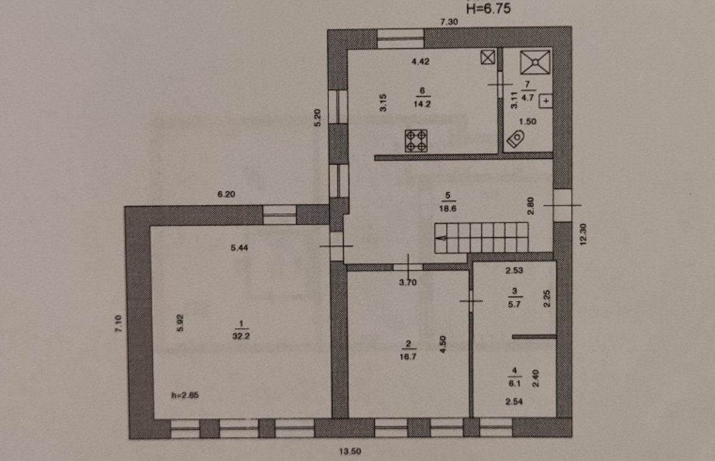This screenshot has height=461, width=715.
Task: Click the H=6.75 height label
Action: coord(488,8)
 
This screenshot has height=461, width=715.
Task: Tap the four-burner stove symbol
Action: coord(416,141)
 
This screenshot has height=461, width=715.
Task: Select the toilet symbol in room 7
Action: coord(516,138)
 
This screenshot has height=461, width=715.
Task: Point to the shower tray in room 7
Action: coord(535,62)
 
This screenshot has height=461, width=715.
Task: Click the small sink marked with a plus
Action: coord(546,101)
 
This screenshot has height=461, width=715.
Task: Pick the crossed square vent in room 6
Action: coord(488,57)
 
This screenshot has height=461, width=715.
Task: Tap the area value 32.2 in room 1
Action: coord(241,336)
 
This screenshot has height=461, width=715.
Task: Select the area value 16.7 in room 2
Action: coord(408,357)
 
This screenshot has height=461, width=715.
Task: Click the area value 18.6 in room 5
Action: coord(448,209)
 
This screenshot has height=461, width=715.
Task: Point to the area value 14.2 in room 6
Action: coord(422,104)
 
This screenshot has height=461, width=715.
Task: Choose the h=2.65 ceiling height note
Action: coord(185,395)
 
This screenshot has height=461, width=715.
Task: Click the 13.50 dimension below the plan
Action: coord(350,451)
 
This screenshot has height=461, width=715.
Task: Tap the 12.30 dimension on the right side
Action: coord(583,234)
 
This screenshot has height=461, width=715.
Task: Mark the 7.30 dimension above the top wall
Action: coord(449,21)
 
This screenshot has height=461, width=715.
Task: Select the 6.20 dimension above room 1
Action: coord(226,194)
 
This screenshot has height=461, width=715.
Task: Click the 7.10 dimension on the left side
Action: coord(119,324)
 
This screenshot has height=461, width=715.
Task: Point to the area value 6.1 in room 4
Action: coord(514,383)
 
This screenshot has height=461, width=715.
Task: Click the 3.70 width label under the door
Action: coord(408,283)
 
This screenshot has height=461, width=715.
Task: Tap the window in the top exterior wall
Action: coord(400,39)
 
